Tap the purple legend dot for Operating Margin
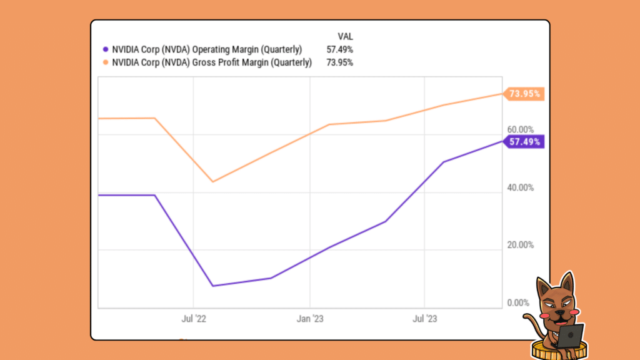pyautogui.click(x=105, y=49)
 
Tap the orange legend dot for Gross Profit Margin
pyautogui.click(x=105, y=62)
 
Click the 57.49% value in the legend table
pyautogui.click(x=339, y=49)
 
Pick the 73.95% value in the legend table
pyautogui.click(x=339, y=62)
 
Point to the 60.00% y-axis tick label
pyautogui.click(x=520, y=129)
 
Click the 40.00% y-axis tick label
pyautogui.click(x=520, y=187)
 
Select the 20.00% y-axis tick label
pyautogui.click(x=520, y=245)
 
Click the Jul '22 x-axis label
pyautogui.click(x=194, y=319)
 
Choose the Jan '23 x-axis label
pyautogui.click(x=311, y=319)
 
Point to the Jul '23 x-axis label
pyautogui.click(x=424, y=319)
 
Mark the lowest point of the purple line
pyautogui.click(x=213, y=286)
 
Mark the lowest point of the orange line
pyautogui.click(x=213, y=182)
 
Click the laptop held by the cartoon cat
pyautogui.click(x=570, y=336)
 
